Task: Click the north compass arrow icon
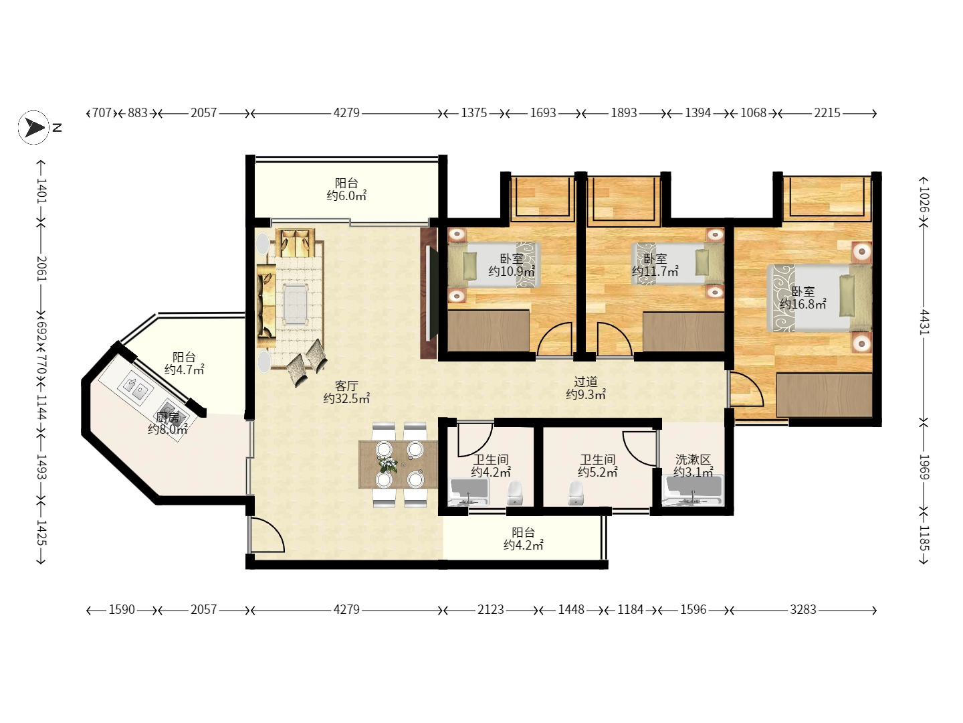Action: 34,128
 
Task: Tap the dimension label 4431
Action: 924,322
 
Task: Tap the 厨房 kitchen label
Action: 168,417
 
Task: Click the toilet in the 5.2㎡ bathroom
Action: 576,493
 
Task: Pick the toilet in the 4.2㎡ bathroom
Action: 515,493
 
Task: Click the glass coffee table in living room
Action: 295,304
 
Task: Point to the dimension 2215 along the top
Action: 827,113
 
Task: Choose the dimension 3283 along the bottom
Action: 803,610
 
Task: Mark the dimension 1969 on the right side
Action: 924,467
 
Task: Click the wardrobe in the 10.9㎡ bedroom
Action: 488,331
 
